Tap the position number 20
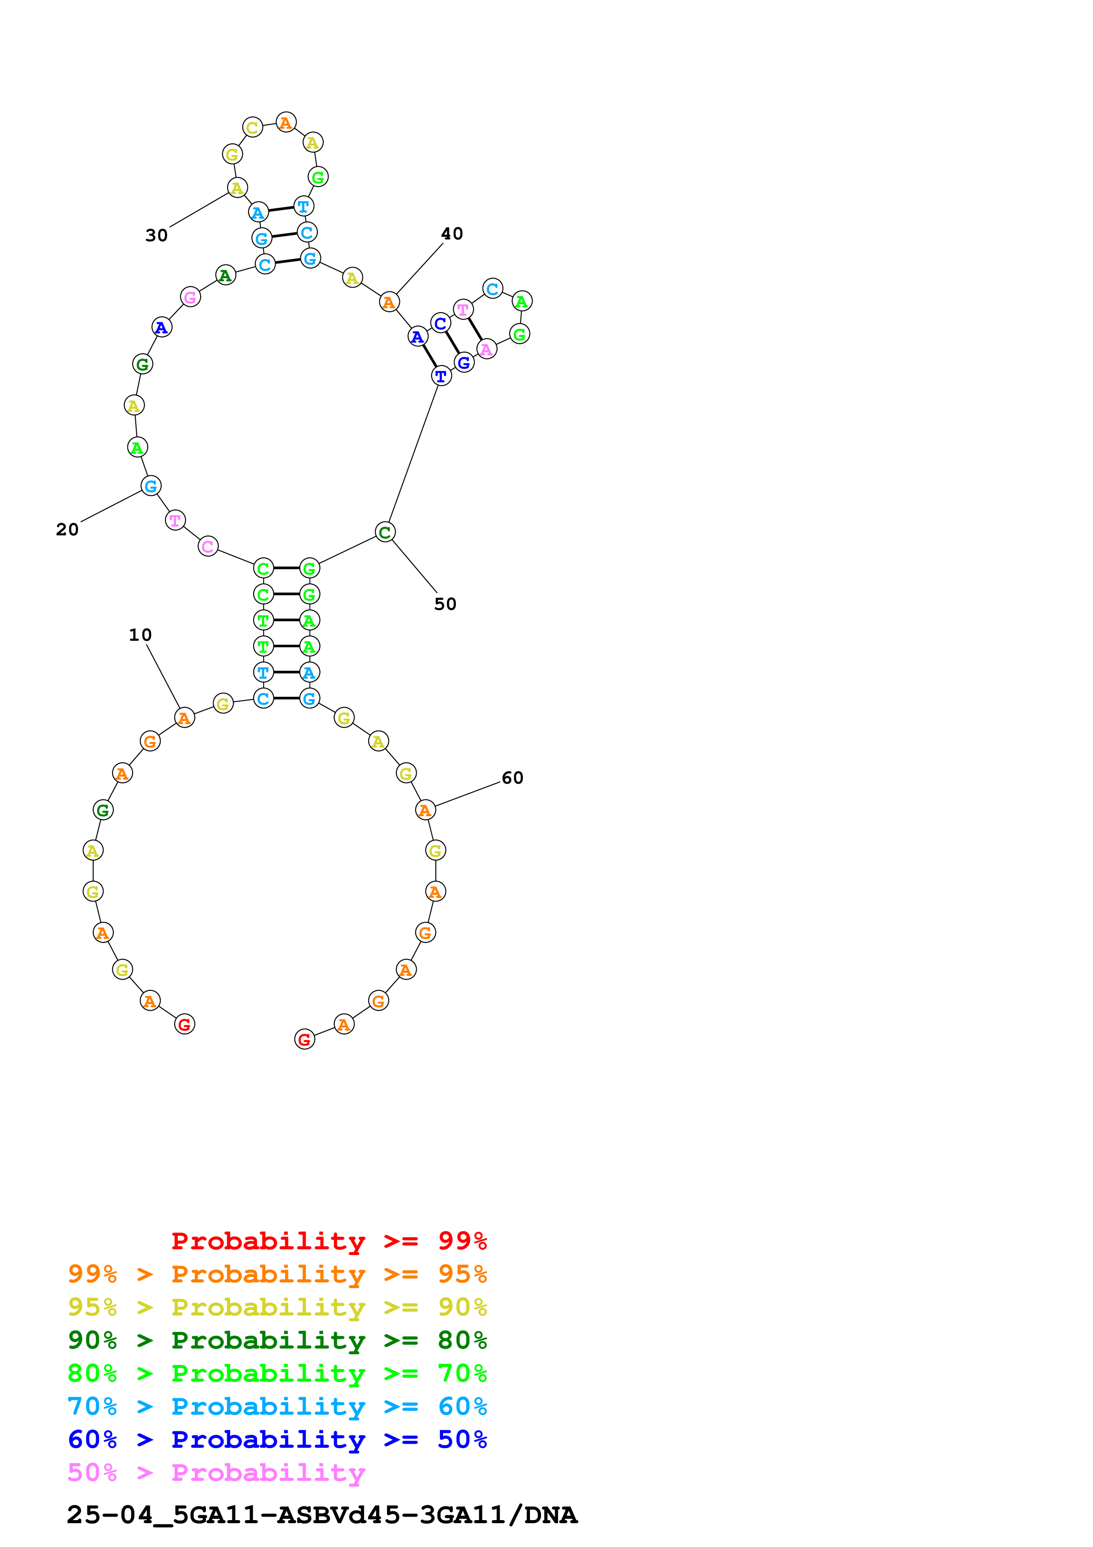[67, 530]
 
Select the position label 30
[156, 235]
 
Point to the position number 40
[452, 234]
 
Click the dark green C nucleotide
[384, 532]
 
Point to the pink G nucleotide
[190, 296]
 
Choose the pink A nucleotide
[486, 349]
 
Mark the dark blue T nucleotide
[441, 376]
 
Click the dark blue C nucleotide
[440, 323]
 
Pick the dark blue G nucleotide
[464, 362]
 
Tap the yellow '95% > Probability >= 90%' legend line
[277, 1307]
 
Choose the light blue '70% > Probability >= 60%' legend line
[277, 1406]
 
